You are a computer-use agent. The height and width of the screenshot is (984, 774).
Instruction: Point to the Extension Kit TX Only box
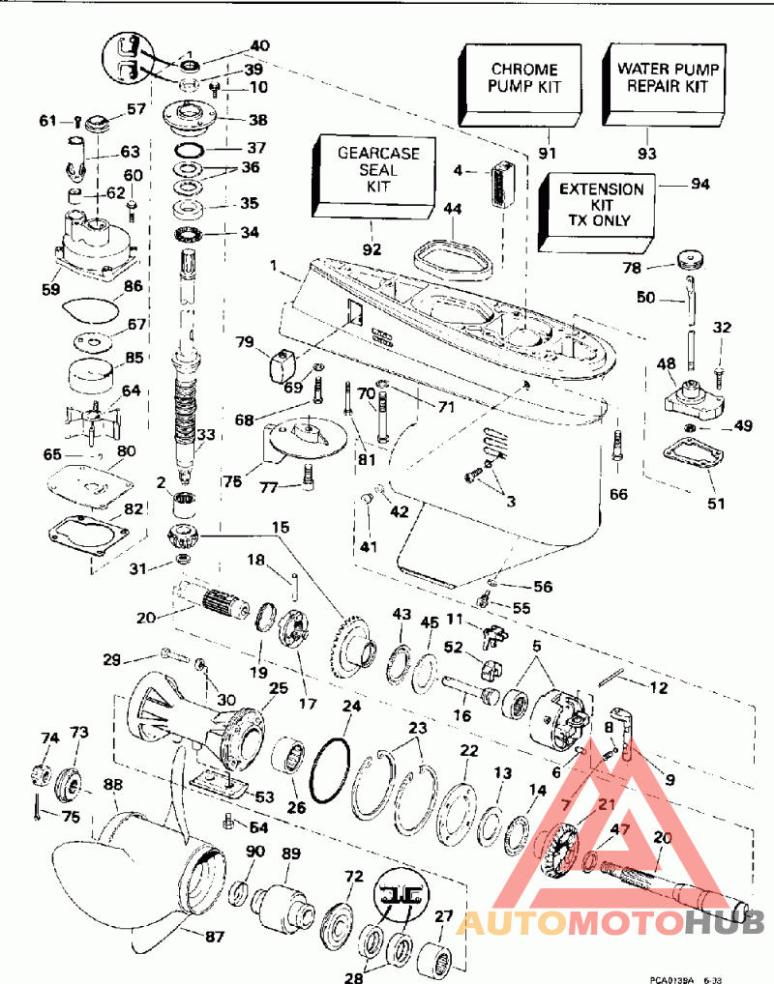click(x=600, y=204)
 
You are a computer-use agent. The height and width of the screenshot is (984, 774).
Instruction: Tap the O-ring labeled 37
click(x=190, y=150)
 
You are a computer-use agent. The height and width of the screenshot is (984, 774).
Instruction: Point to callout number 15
click(x=280, y=527)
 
